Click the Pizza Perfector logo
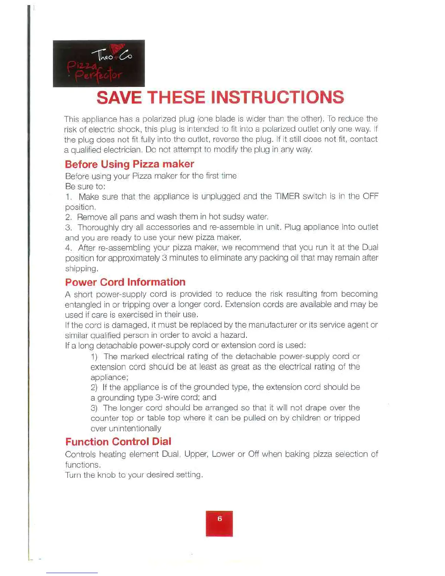(99, 64)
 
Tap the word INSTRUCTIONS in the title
(277, 97)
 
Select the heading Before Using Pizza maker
(129, 164)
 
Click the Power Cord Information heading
(125, 282)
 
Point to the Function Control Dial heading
(118, 442)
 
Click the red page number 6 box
(219, 523)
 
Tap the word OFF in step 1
(371, 197)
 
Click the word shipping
(81, 269)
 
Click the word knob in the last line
(107, 475)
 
